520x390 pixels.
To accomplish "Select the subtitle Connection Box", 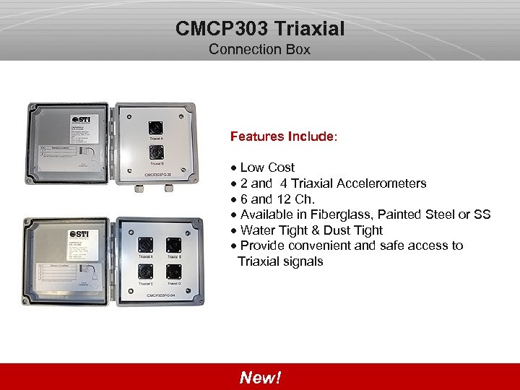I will [259, 50].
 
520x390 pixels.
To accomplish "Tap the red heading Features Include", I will [282, 136].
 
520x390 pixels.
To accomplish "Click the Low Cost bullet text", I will [267, 168].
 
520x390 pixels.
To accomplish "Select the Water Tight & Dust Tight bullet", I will [311, 230].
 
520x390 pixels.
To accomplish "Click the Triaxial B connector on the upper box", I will [155, 152].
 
